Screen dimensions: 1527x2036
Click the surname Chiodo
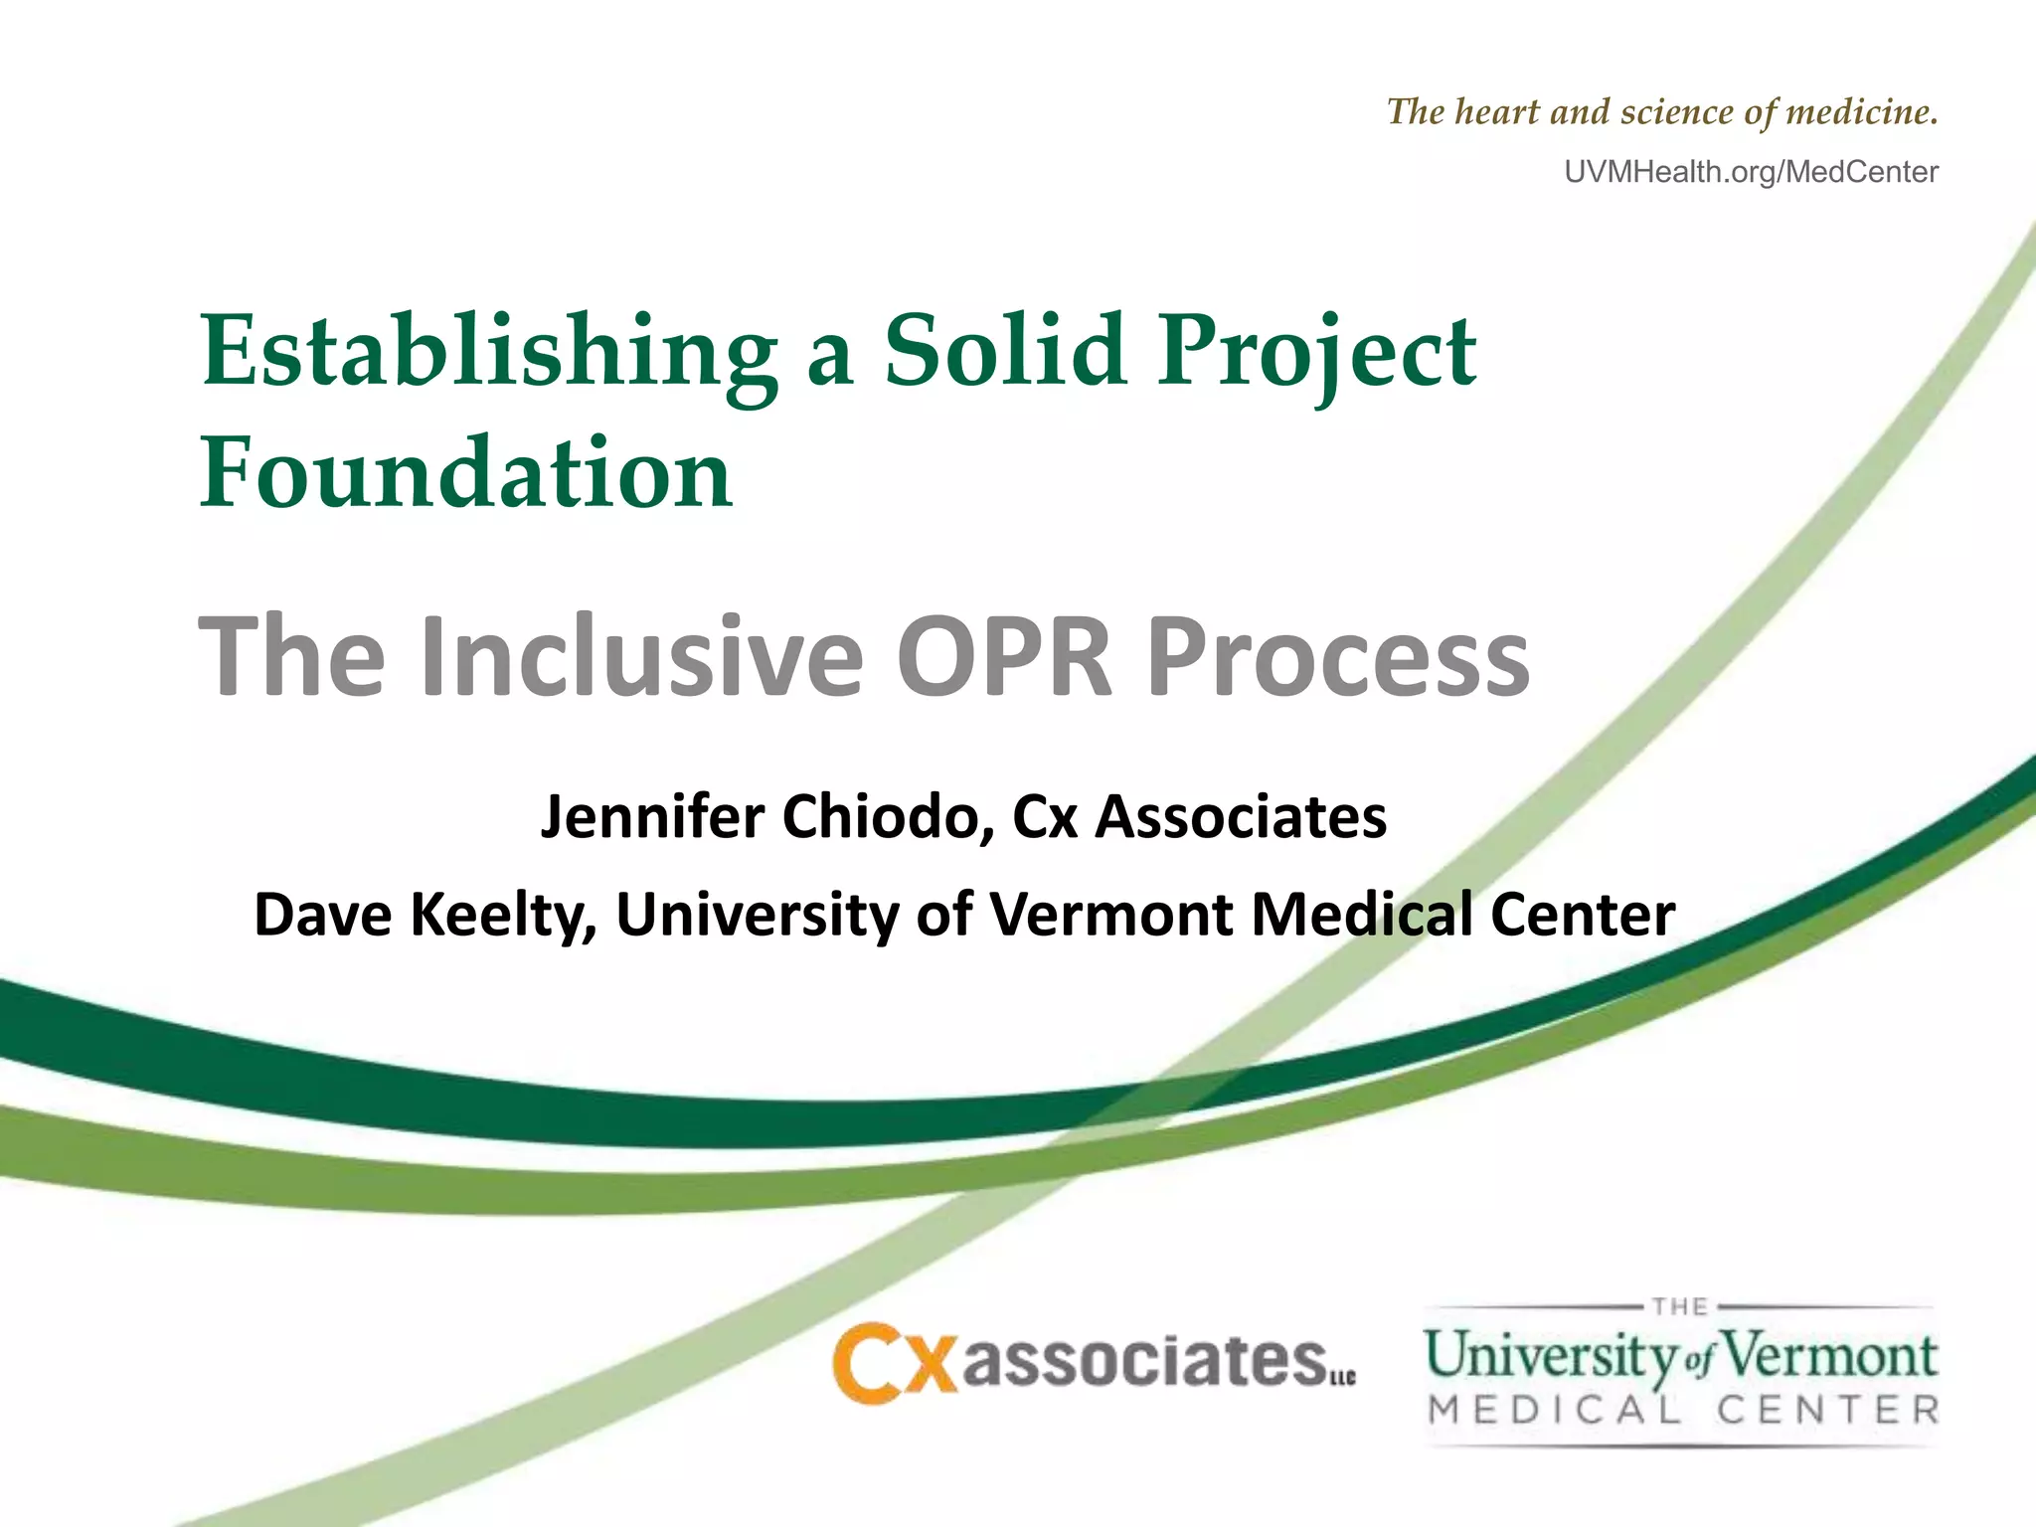click(888, 817)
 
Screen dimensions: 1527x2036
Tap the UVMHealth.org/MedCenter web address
click(1751, 172)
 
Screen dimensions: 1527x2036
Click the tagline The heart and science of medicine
click(1662, 112)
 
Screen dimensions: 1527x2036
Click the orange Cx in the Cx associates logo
click(894, 1362)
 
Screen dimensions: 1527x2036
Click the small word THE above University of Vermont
click(1680, 1306)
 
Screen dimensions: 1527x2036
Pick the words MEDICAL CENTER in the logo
click(1682, 1410)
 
